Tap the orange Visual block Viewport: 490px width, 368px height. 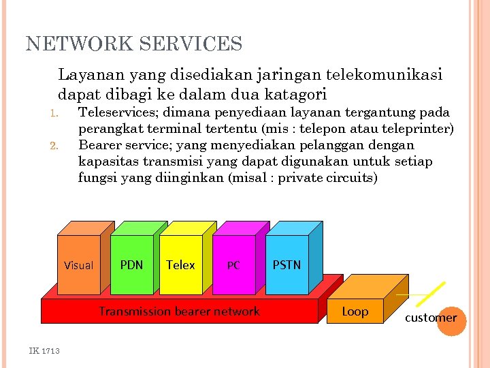pyautogui.click(x=78, y=265)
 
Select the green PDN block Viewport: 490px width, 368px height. pyautogui.click(x=131, y=264)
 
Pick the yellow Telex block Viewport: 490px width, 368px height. pyautogui.click(x=180, y=264)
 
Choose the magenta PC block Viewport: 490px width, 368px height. pyautogui.click(x=233, y=265)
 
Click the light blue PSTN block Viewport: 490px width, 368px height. pyautogui.click(x=287, y=264)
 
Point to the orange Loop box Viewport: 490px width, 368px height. pyautogui.click(x=355, y=311)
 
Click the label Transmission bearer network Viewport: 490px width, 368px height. pyautogui.click(x=179, y=311)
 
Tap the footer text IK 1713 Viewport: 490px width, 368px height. pyautogui.click(x=44, y=350)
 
